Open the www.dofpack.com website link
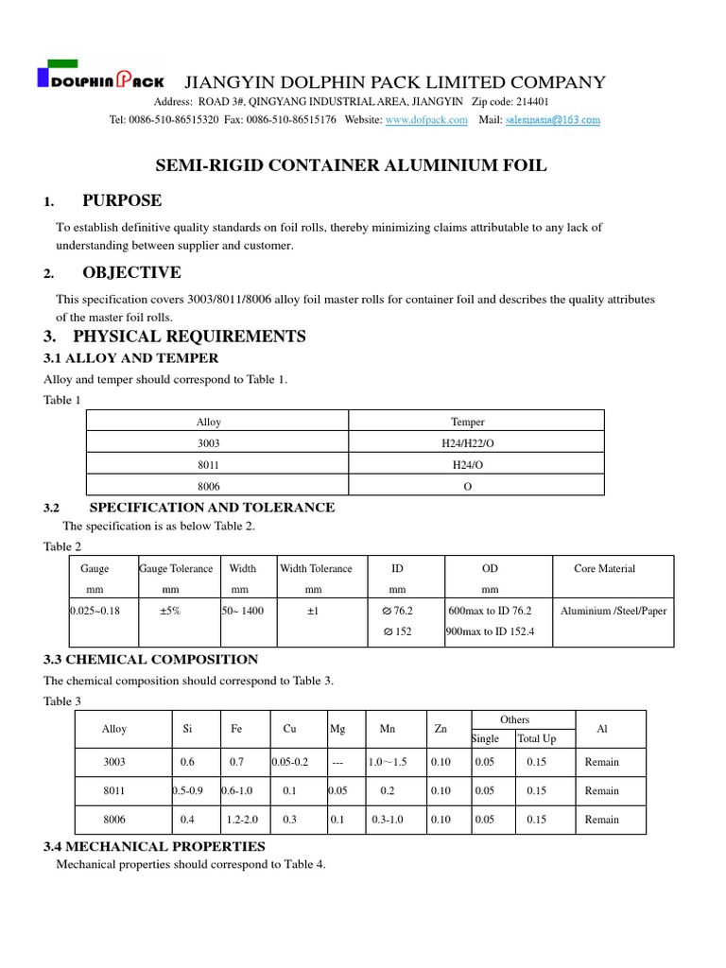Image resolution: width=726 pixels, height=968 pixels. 426,120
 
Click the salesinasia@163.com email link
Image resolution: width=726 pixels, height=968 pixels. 553,120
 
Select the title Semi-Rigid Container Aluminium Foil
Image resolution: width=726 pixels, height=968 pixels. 351,166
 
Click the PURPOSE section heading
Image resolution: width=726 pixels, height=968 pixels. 122,200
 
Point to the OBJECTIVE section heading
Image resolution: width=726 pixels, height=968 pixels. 131,273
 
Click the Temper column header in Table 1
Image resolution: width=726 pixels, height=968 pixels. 467,423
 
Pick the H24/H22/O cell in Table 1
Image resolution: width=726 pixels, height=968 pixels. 467,442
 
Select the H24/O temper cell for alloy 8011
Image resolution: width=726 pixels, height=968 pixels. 467,464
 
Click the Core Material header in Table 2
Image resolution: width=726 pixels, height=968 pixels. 604,569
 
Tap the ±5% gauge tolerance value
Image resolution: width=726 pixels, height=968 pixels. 170,611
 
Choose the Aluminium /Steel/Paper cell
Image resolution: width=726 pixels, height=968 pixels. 613,611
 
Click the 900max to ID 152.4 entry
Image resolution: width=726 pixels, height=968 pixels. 491,631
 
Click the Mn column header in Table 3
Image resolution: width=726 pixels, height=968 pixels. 388,730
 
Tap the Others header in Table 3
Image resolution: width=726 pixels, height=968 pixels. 515,720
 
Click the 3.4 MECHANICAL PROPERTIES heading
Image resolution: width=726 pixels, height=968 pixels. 155,846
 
